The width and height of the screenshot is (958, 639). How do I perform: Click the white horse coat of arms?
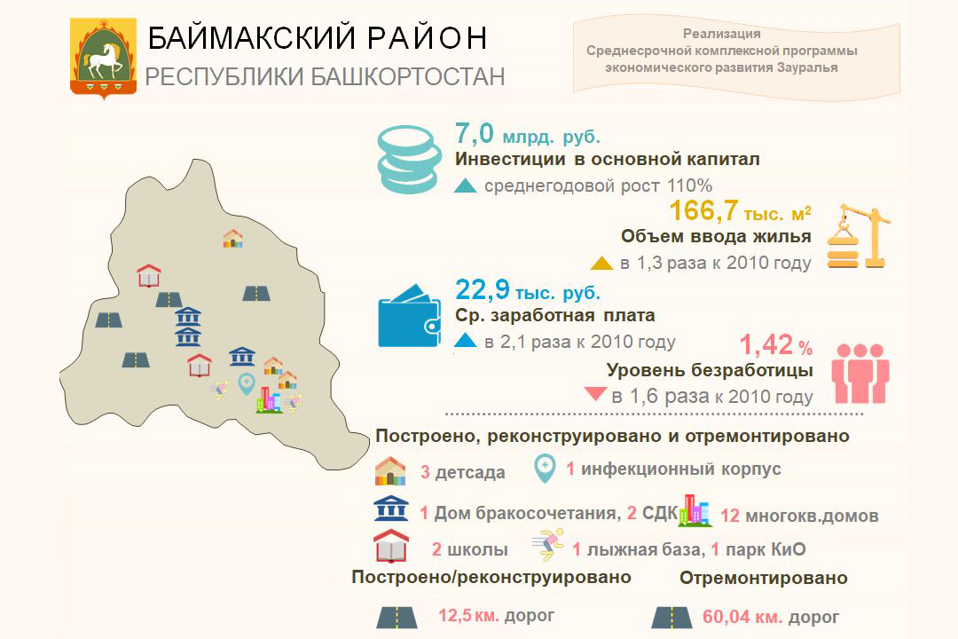click(x=103, y=58)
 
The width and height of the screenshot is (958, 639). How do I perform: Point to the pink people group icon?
click(x=860, y=373)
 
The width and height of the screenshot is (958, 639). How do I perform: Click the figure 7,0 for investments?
click(x=474, y=134)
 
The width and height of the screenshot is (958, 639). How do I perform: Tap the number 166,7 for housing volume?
click(x=703, y=210)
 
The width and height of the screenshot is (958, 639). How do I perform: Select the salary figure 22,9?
click(x=482, y=288)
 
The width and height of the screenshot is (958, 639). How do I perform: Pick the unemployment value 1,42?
click(x=766, y=345)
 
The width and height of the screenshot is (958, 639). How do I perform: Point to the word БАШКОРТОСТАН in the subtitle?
click(x=407, y=77)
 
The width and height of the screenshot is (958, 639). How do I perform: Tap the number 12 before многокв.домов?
click(x=730, y=516)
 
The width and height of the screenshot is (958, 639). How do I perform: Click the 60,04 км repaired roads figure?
click(x=737, y=617)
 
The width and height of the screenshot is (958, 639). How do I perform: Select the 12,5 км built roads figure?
click(x=468, y=615)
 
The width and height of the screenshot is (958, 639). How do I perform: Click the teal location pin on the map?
click(x=247, y=384)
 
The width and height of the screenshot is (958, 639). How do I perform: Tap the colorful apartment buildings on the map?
click(x=269, y=399)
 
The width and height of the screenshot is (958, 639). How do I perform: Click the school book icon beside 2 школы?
click(x=391, y=546)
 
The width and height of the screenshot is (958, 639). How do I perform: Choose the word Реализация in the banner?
click(x=721, y=34)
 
